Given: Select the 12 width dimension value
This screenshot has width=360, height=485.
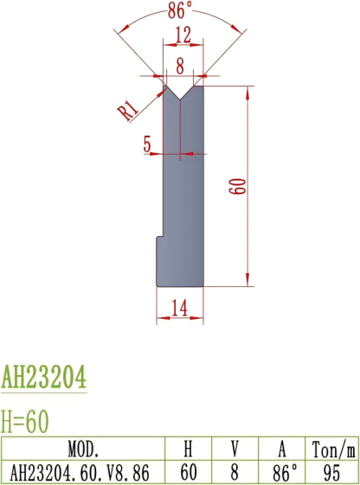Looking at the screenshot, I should coord(182,35).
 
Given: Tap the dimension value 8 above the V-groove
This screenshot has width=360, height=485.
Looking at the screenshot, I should coord(181,64).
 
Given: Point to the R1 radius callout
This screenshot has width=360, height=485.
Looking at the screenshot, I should coord(128,108).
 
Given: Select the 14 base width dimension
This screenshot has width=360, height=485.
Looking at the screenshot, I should coord(180,306).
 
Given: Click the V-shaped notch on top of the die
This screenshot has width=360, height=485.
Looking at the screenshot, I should coord(182,91).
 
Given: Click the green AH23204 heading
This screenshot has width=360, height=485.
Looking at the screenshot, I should coord(44,378).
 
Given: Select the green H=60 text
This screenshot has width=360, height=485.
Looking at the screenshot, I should coord(25,421).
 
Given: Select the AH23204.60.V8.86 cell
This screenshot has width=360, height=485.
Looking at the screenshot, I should coord(83,472).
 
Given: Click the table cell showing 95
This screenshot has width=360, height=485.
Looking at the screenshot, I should coord(333,472).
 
